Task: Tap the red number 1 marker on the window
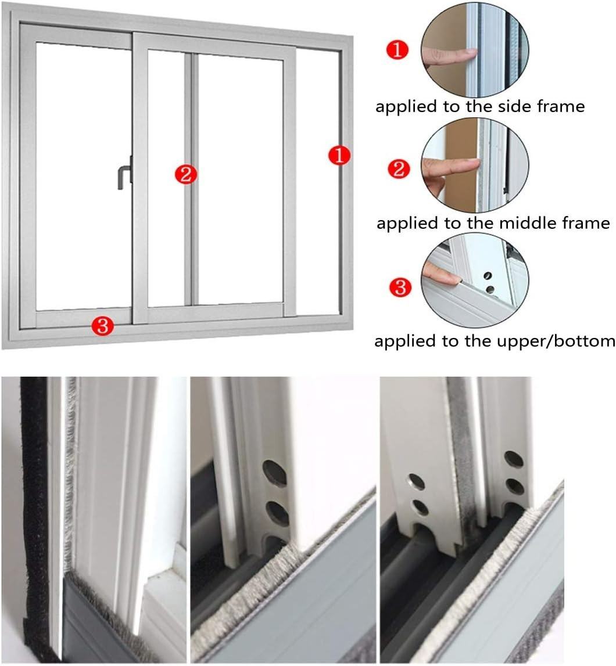point(338,156)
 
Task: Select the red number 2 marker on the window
point(186,174)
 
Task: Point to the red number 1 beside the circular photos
point(397,50)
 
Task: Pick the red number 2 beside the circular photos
point(399,169)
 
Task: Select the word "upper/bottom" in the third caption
point(558,340)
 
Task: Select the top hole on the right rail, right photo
point(513,458)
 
